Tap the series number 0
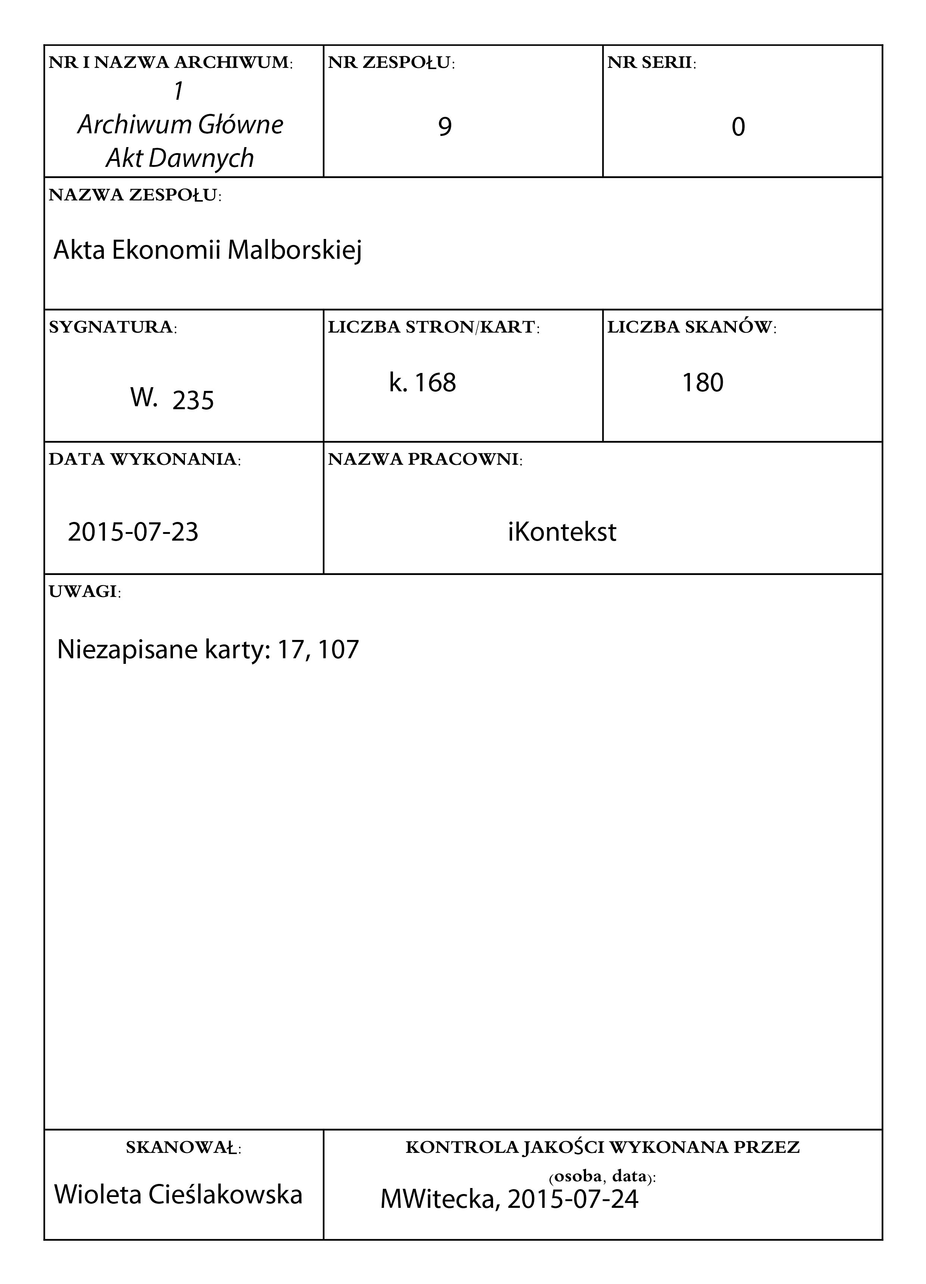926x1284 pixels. (x=738, y=127)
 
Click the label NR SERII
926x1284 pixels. (x=651, y=62)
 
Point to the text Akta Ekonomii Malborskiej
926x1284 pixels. (x=207, y=250)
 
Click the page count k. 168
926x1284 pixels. (x=422, y=383)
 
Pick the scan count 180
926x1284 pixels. (x=702, y=383)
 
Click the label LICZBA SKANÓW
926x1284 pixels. (x=691, y=327)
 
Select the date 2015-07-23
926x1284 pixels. (x=133, y=532)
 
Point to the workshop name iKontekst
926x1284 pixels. (x=562, y=532)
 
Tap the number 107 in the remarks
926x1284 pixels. (x=338, y=649)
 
